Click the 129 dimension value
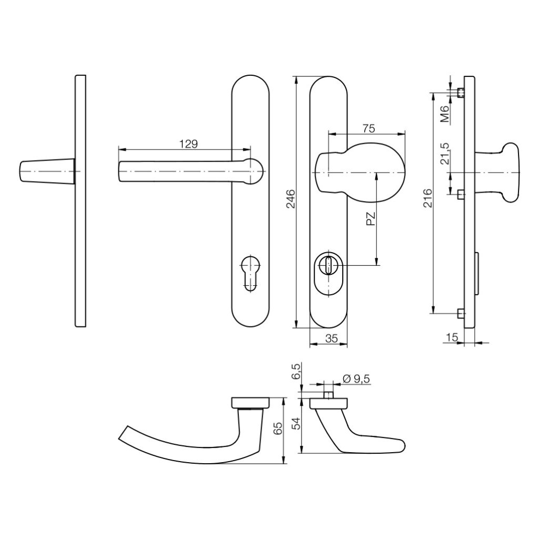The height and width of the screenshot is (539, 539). (188, 143)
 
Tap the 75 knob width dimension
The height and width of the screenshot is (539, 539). (368, 128)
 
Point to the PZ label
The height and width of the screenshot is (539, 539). (371, 219)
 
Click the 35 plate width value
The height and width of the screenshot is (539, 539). (331, 339)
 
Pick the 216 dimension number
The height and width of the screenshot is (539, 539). (428, 199)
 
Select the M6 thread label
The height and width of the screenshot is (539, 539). (445, 114)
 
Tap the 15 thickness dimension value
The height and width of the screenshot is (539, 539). (451, 337)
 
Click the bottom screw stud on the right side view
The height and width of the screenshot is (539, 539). (461, 314)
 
